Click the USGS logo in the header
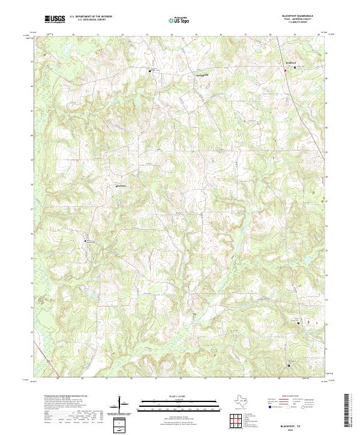[55, 19]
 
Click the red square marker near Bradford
[294, 71]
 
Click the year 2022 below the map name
[304, 430]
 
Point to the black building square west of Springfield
[151, 71]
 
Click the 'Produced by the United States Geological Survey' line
[66, 397]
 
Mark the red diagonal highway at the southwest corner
[40, 372]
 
